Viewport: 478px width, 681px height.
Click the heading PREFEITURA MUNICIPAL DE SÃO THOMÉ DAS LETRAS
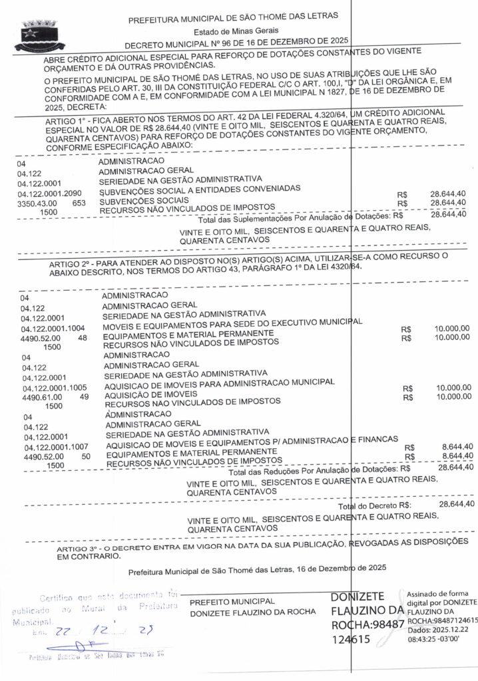(232, 16)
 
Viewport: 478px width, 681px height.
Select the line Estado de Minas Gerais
(232, 31)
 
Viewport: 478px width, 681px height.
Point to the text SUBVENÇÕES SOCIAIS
(144, 200)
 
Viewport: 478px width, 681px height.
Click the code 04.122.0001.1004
(53, 329)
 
